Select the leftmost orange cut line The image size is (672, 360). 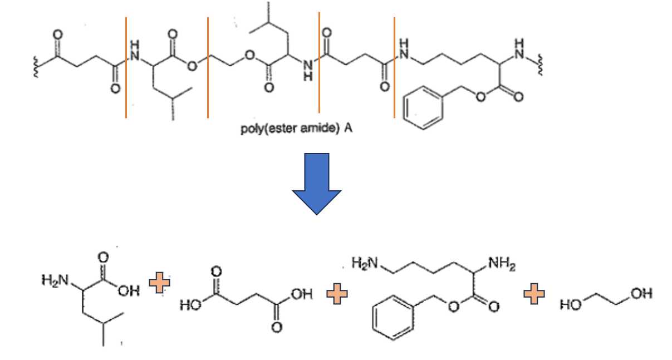click(x=126, y=67)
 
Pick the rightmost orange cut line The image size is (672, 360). click(x=394, y=67)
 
